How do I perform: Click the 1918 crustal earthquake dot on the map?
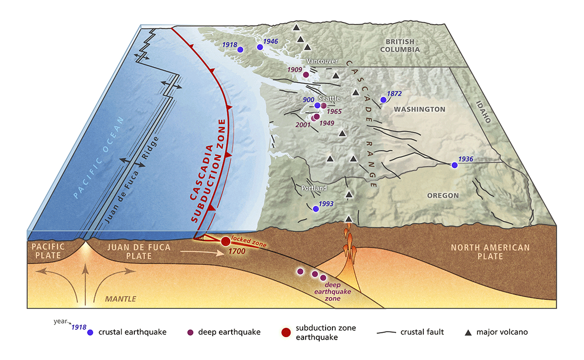[240, 49]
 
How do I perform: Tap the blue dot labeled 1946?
[260, 47]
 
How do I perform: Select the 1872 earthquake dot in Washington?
[383, 100]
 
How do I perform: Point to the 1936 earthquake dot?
[455, 165]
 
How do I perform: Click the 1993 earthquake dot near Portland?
[315, 209]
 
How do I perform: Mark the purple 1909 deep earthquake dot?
[306, 75]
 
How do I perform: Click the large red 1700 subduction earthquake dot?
[225, 241]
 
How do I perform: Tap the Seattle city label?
[329, 98]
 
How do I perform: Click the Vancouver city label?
[322, 61]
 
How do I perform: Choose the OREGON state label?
[443, 196]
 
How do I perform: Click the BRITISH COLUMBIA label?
[400, 46]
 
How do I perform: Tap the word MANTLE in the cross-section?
[121, 299]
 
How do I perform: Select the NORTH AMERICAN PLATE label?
[490, 252]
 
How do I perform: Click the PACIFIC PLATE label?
[48, 251]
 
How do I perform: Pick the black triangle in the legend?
[468, 333]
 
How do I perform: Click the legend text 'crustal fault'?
[421, 333]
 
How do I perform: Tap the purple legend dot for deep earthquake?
[191, 333]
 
